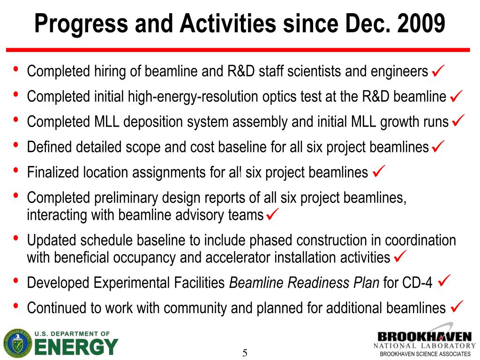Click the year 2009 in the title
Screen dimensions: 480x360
tap(421, 23)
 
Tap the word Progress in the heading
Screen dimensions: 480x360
tap(81, 24)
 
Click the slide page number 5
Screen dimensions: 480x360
tap(245, 353)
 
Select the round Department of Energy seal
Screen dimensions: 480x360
tap(17, 344)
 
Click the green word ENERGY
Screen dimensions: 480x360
tap(76, 347)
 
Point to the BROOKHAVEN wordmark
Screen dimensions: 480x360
tap(425, 337)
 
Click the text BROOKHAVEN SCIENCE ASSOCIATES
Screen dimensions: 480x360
tap(425, 354)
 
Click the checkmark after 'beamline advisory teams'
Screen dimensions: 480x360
tap(272, 214)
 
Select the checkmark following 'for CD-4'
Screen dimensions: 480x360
tap(444, 280)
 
